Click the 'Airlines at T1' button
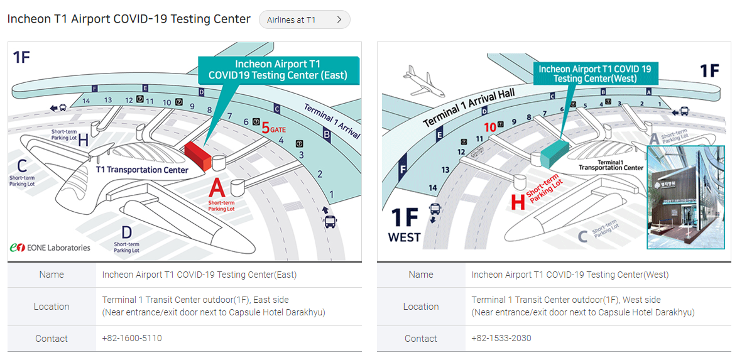pyautogui.click(x=304, y=19)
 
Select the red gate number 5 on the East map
pyautogui.click(x=265, y=128)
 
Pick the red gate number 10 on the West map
pyautogui.click(x=490, y=126)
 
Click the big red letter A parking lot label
pyautogui.click(x=217, y=188)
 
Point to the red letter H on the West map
pyautogui.click(x=518, y=202)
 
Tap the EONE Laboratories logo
pyautogui.click(x=50, y=248)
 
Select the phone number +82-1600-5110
pyautogui.click(x=132, y=338)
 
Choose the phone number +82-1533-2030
pyautogui.click(x=501, y=338)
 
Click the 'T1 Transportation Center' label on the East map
pyautogui.click(x=142, y=170)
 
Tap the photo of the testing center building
pyautogui.click(x=685, y=197)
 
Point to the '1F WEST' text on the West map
pyautogui.click(x=405, y=224)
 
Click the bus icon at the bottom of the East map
pyautogui.click(x=330, y=221)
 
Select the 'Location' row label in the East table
pyautogui.click(x=52, y=307)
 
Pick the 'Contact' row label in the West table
pyautogui.click(x=421, y=339)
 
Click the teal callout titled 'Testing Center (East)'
pyautogui.click(x=278, y=70)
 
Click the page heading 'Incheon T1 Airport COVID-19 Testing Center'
pyautogui.click(x=129, y=19)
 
